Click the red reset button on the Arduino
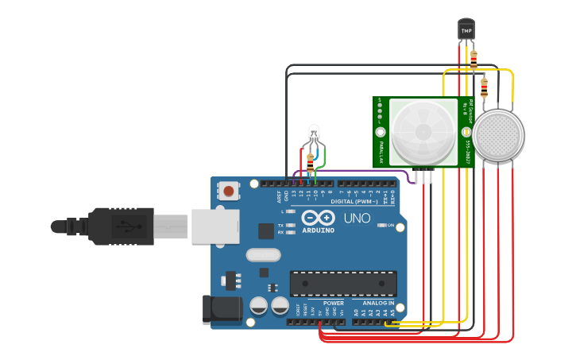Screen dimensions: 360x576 coord(230,191)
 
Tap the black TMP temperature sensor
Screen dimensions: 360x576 coord(466,29)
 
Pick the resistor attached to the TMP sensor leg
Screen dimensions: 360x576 coord(474,58)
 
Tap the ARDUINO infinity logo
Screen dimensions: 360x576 coord(317,219)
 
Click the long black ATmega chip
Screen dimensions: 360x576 coord(343,283)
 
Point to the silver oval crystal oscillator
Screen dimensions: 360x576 coord(264,255)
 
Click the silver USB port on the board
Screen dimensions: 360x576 coord(214,226)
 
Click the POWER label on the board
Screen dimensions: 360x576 coord(334,303)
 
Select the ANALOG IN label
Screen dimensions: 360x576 coord(378,303)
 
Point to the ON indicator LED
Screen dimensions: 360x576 coord(382,226)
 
